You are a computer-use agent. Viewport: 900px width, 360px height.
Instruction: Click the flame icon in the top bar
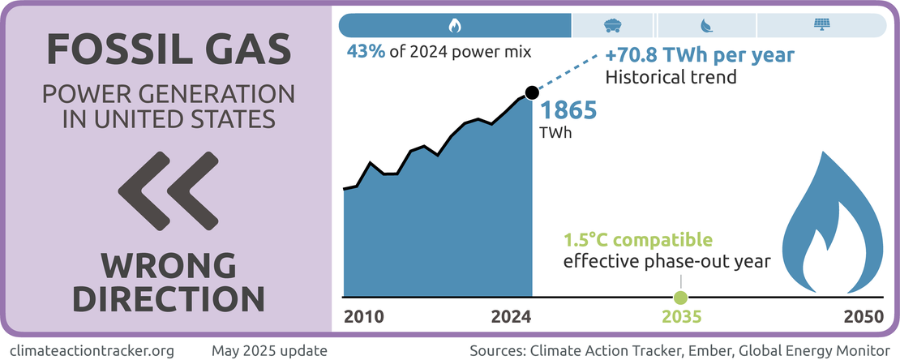click(455, 26)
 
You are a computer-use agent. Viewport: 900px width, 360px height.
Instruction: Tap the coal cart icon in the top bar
click(612, 26)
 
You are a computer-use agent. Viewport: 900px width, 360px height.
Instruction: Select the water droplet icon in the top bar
click(706, 26)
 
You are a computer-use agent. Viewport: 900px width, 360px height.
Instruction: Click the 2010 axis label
click(364, 317)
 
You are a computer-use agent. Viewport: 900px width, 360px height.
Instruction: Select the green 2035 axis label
click(680, 317)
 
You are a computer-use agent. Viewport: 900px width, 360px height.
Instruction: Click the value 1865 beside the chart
click(568, 109)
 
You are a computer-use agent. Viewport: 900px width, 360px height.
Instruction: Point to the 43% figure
click(364, 53)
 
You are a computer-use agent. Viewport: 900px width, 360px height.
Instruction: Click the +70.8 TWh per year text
click(699, 57)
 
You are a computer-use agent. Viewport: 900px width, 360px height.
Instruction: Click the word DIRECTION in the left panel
click(168, 298)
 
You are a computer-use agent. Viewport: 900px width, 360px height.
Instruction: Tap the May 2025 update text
click(270, 350)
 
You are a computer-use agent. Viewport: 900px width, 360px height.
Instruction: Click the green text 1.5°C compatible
click(638, 240)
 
